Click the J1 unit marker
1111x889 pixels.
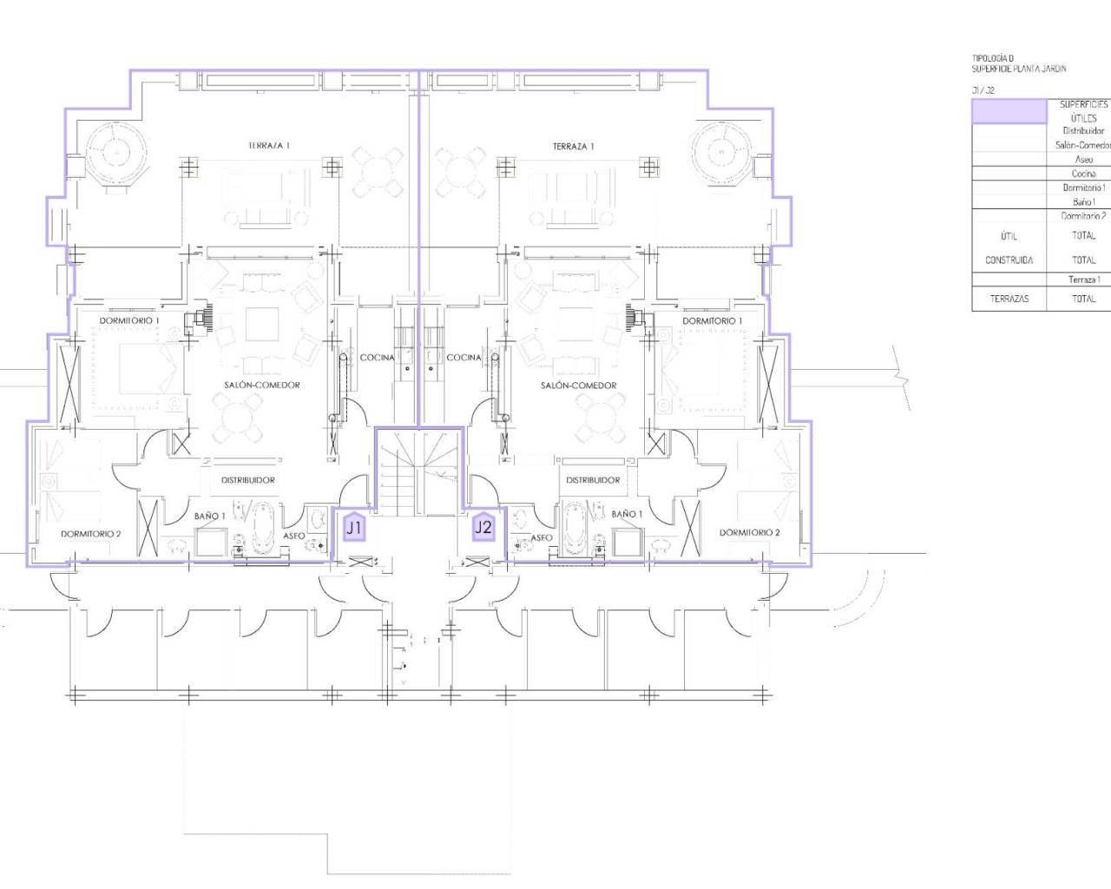(354, 527)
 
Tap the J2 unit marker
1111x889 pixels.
(483, 527)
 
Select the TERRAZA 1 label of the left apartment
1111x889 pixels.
(268, 146)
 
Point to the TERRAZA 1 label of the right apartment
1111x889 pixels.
(573, 147)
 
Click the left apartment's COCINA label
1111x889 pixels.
(378, 358)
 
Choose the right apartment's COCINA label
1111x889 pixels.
(463, 358)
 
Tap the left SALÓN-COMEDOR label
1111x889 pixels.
(262, 385)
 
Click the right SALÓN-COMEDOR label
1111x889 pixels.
(579, 385)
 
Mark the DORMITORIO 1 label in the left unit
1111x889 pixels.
(129, 321)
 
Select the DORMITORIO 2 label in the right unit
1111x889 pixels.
(749, 533)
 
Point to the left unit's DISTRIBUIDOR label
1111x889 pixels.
(248, 480)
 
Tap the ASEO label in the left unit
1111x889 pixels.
(294, 537)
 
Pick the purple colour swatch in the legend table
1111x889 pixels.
(1009, 111)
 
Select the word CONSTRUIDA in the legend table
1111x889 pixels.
(1009, 260)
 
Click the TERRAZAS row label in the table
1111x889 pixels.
(1009, 299)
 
